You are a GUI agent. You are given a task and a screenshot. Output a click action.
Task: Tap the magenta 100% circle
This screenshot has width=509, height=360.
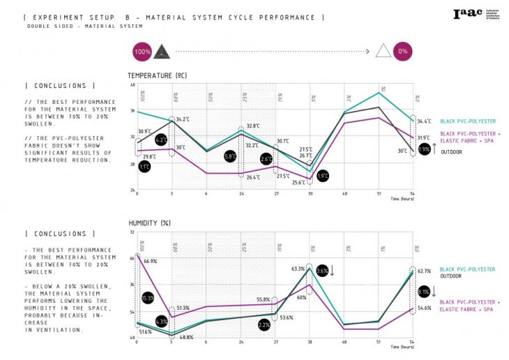point(141,52)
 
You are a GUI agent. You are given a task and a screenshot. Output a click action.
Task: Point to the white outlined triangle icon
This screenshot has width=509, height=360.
point(381,52)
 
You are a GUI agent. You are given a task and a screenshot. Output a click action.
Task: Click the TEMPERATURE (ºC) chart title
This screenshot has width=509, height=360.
point(157,75)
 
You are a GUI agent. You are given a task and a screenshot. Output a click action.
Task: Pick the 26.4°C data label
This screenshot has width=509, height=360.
point(252,178)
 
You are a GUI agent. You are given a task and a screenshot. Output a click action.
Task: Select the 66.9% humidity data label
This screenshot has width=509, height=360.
point(149,262)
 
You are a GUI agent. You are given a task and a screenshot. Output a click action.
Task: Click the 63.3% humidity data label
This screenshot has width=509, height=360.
point(298,269)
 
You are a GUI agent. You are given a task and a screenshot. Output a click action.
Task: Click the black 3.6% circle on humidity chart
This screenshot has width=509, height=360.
point(322,271)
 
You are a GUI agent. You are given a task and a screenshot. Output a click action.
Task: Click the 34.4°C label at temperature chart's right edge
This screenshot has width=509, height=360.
point(423,121)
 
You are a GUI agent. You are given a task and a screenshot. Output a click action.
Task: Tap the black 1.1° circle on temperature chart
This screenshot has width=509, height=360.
point(144,167)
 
